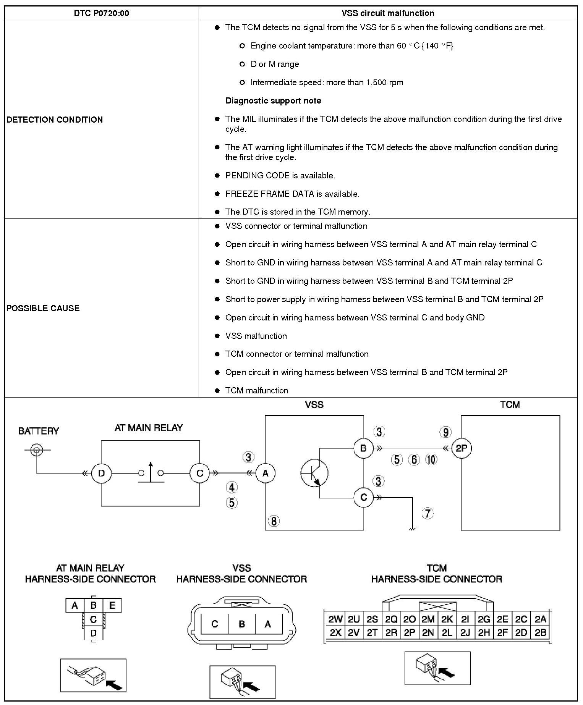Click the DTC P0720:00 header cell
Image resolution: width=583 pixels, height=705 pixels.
pyautogui.click(x=101, y=13)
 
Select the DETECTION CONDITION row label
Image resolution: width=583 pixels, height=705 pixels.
pyautogui.click(x=55, y=120)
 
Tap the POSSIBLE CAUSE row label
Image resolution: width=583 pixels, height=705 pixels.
pyautogui.click(x=43, y=308)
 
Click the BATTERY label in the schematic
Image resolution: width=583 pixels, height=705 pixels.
pyautogui.click(x=39, y=431)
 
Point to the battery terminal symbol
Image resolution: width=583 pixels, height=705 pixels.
pyautogui.click(x=37, y=450)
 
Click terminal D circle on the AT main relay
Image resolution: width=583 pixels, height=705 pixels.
pyautogui.click(x=101, y=474)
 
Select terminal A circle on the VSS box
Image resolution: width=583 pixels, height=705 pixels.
pyautogui.click(x=265, y=474)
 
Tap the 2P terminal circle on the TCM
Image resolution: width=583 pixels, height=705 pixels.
pyautogui.click(x=462, y=448)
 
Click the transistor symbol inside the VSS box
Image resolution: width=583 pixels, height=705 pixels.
pyautogui.click(x=314, y=474)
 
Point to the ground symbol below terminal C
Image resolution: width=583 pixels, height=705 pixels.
pyautogui.click(x=412, y=528)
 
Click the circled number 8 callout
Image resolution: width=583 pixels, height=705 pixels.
pyautogui.click(x=274, y=521)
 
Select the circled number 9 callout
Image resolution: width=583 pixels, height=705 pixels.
pyautogui.click(x=445, y=432)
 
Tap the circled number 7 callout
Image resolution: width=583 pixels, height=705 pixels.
pyautogui.click(x=428, y=514)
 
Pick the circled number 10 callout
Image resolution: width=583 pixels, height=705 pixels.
pyautogui.click(x=431, y=459)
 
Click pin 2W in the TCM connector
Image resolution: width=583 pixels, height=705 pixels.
pyautogui.click(x=335, y=619)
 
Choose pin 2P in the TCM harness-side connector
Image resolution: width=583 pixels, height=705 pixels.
pyautogui.click(x=410, y=633)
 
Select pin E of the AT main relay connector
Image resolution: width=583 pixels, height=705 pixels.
pyautogui.click(x=112, y=605)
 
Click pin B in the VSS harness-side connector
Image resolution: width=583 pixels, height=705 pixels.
pyautogui.click(x=241, y=624)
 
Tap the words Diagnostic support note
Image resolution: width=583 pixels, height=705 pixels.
pyautogui.click(x=273, y=101)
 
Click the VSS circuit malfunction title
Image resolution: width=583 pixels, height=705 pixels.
pyautogui.click(x=388, y=13)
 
